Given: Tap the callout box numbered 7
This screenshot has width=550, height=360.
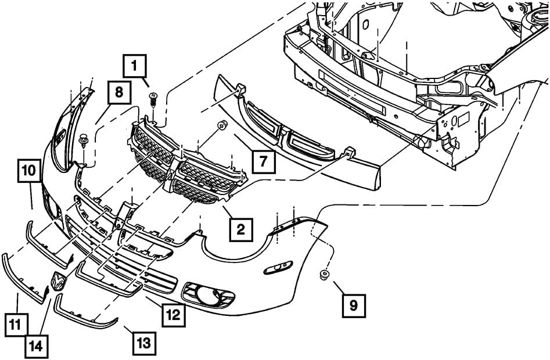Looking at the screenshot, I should pos(263,161).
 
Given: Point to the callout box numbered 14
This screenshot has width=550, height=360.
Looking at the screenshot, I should pos(36,347).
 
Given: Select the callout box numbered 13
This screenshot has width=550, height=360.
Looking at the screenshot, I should pos(143,343).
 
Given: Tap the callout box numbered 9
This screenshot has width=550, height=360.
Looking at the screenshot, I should pos(354,304).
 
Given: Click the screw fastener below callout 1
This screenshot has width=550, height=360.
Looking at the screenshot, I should pos(153,99).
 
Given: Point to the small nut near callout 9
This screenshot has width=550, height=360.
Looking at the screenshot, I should pos(323,275).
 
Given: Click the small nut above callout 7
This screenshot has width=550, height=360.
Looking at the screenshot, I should pos(221,125).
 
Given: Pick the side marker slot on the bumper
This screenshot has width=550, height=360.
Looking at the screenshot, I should pos(279,268).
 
